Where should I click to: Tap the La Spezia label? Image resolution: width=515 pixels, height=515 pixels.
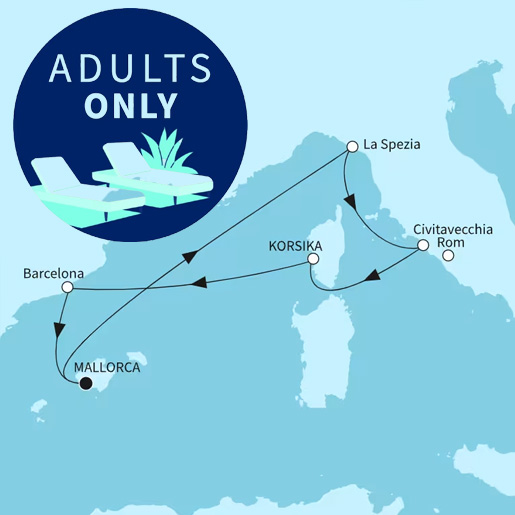coord(392,145)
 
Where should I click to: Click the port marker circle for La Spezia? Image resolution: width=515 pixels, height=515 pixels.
coord(351,146)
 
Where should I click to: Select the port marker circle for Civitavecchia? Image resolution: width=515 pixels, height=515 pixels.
coord(422,245)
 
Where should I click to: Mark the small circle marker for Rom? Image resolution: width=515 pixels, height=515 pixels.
coord(448,256)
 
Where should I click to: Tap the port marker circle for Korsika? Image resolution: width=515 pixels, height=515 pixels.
coord(313,259)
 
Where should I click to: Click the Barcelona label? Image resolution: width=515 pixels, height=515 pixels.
coord(55,271)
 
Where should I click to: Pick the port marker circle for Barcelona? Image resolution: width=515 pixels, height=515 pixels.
coord(67,288)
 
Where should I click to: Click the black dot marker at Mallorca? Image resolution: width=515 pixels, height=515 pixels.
coord(85,382)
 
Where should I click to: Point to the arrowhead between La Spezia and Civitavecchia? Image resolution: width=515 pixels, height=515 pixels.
coord(349,201)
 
